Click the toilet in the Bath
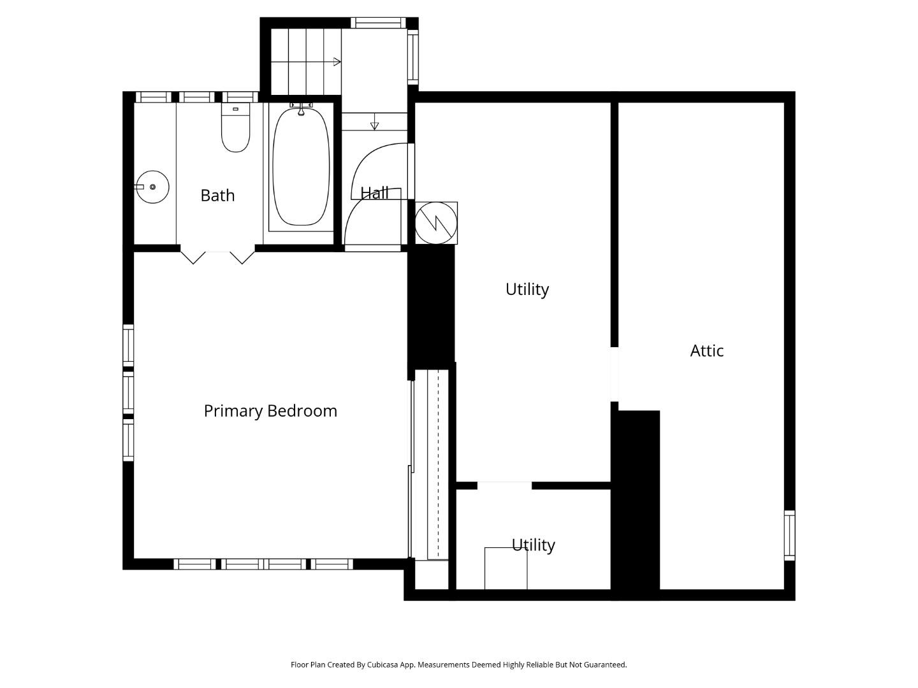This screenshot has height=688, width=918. (x=235, y=131)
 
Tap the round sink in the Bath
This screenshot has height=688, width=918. (x=152, y=187)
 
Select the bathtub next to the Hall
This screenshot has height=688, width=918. (x=301, y=168)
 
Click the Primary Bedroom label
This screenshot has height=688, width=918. (x=270, y=411)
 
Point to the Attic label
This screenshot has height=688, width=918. (x=706, y=350)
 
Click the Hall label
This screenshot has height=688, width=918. (x=374, y=192)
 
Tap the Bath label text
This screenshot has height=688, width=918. (x=217, y=195)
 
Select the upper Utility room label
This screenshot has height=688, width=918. (x=527, y=289)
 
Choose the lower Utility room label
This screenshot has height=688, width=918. (x=533, y=545)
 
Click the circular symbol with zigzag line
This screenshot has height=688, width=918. (x=437, y=223)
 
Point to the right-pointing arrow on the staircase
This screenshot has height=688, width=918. (x=337, y=62)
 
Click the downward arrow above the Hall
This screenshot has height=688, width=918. (x=374, y=125)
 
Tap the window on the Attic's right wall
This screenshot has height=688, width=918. (x=789, y=535)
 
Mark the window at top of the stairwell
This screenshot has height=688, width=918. (x=379, y=23)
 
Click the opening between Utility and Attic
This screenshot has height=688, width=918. (x=615, y=375)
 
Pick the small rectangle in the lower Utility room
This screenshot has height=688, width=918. (x=506, y=568)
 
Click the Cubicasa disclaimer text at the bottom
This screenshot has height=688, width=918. (x=458, y=664)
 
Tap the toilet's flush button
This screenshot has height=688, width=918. (x=235, y=110)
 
